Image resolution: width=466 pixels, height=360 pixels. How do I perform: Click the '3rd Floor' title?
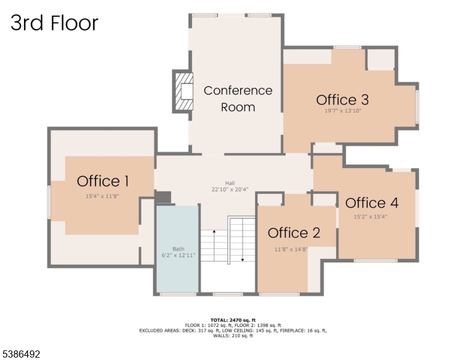point(54,23)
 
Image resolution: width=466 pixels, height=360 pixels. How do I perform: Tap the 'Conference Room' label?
point(238,98)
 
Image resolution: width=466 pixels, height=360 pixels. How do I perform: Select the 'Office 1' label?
point(103,181)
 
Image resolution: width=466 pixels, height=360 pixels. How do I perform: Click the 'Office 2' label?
point(294,233)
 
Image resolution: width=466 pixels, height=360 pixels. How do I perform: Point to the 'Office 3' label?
point(342,100)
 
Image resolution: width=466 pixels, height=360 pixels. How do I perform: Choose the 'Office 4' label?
point(372,203)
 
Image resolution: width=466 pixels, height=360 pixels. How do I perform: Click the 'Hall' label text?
point(230,184)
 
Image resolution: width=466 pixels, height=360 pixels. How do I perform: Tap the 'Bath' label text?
point(178,248)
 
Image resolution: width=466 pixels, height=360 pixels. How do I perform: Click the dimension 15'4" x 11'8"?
point(103,196)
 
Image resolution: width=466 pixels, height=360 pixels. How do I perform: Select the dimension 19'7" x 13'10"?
point(342,111)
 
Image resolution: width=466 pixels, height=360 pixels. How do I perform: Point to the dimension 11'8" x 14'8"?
point(291,249)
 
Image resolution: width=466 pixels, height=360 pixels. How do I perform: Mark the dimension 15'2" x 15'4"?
point(371,217)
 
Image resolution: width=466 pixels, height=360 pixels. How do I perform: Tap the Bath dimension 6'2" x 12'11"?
point(178,256)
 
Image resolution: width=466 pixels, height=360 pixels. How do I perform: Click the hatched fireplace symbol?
point(183,91)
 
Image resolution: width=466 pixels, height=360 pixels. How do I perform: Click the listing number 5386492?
point(21,355)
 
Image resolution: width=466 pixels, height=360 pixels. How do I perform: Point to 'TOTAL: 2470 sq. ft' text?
point(234,320)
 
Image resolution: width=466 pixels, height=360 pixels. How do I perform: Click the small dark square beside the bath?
point(163,197)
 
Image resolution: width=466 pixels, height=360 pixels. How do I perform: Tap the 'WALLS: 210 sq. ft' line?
point(233,336)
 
